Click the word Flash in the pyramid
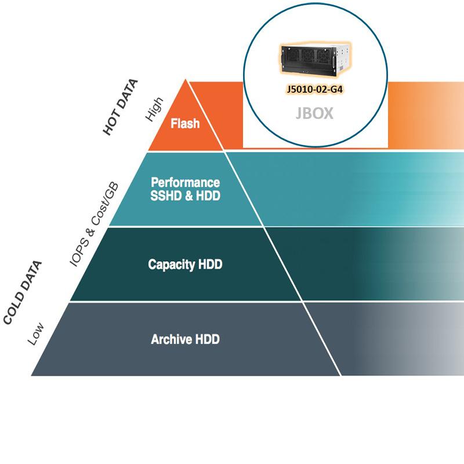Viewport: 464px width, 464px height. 185,124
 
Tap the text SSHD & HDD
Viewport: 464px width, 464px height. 185,196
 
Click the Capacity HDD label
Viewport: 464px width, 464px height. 185,264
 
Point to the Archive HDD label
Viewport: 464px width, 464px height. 185,339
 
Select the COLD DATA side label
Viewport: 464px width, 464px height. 23,293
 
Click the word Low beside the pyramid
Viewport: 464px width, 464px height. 37,335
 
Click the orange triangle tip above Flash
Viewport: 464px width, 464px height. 186,93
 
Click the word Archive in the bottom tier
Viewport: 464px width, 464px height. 168,339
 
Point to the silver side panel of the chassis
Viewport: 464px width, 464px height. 345,58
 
